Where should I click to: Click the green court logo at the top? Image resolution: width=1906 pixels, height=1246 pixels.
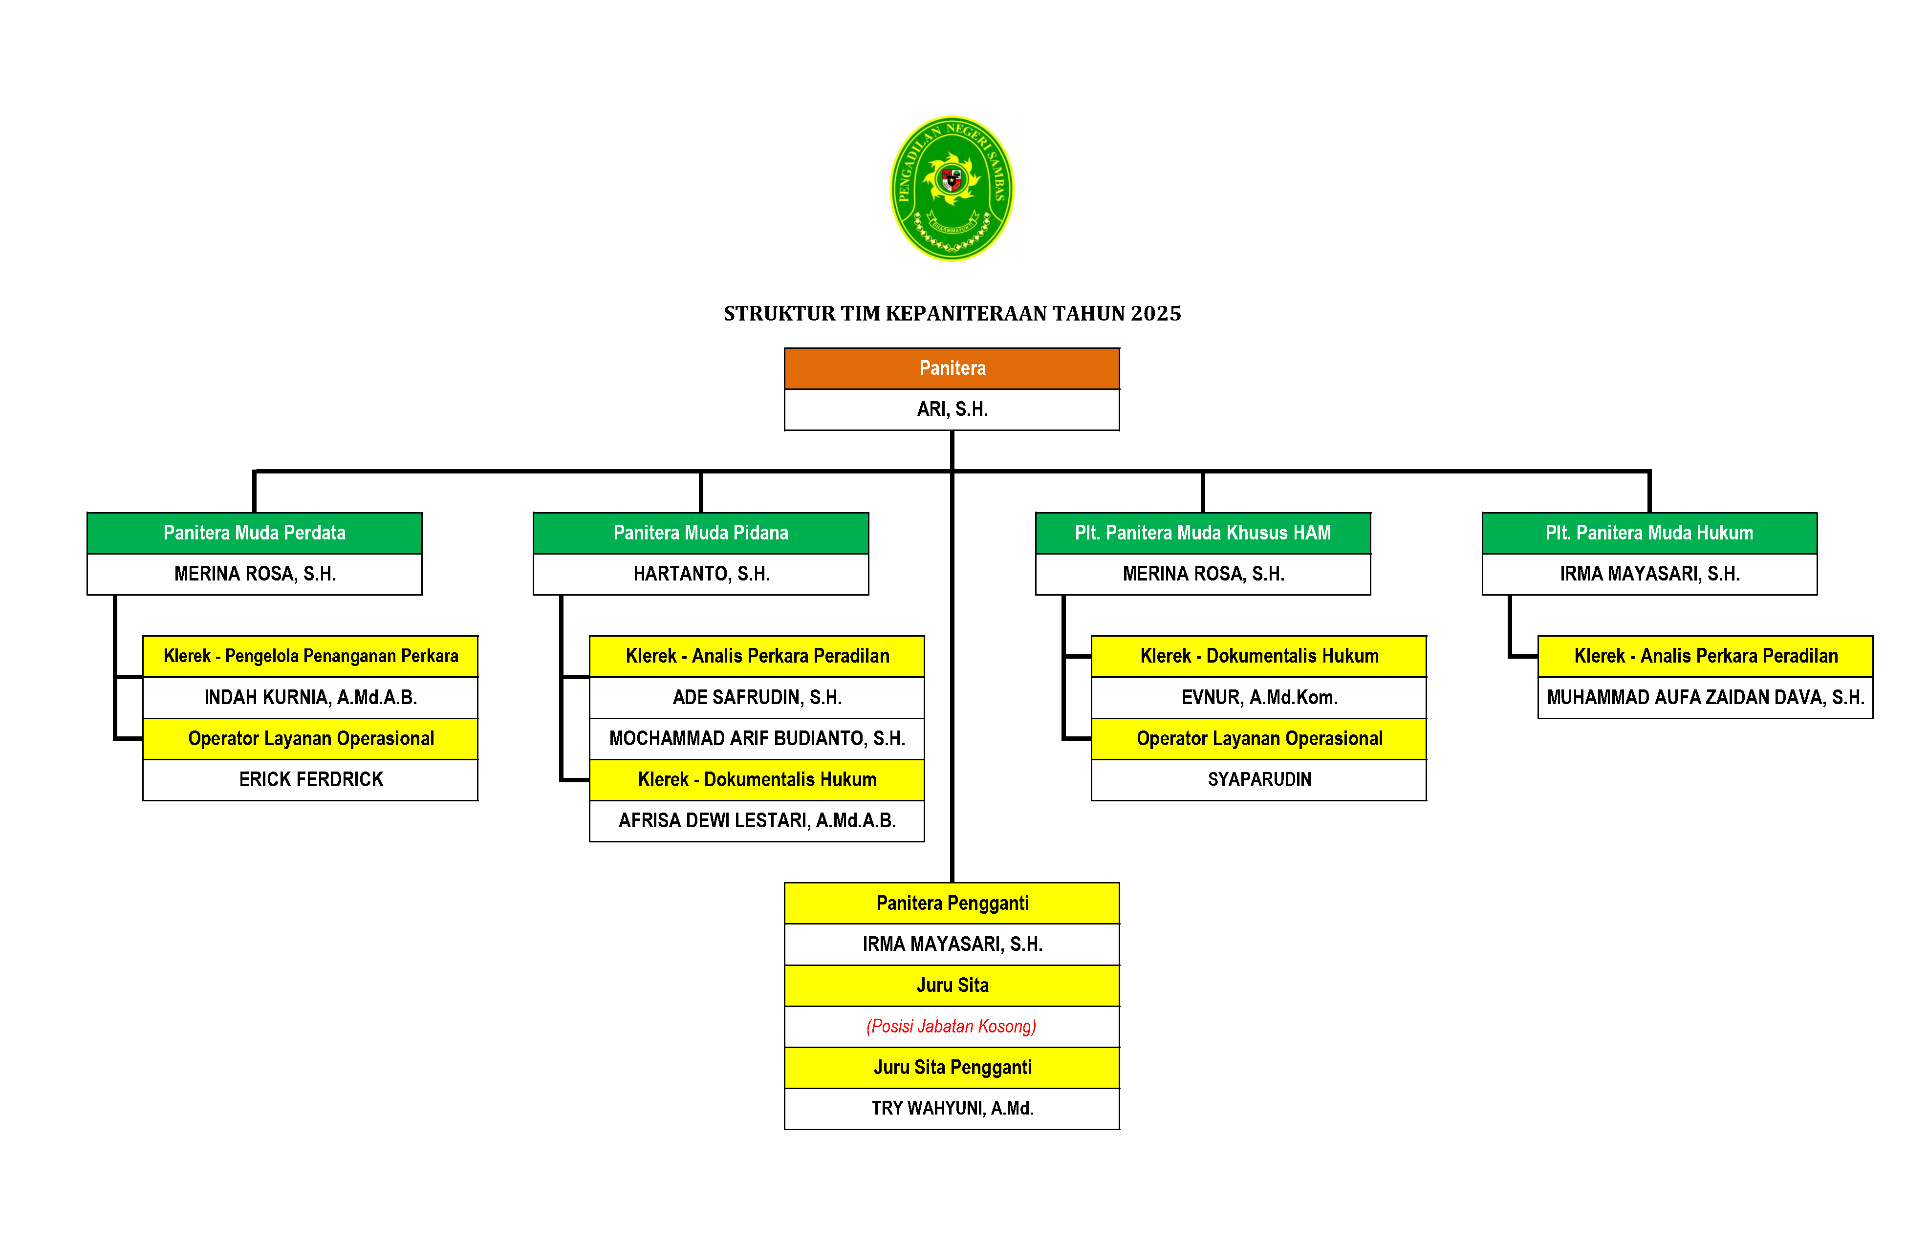click(952, 188)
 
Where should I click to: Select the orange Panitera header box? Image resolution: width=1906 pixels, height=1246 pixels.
click(952, 368)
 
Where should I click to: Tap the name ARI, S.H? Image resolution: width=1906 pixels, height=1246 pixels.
click(952, 409)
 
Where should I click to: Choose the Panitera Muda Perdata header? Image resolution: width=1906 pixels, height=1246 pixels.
click(255, 533)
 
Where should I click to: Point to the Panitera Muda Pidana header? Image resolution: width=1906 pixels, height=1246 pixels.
click(701, 533)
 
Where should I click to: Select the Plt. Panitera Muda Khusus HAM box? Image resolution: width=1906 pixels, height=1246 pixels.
click(1202, 533)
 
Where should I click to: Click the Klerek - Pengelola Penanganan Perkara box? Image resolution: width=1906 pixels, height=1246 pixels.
click(311, 656)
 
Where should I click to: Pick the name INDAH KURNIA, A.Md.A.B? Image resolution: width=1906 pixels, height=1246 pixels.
click(311, 697)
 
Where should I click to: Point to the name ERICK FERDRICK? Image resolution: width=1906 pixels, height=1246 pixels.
click(311, 779)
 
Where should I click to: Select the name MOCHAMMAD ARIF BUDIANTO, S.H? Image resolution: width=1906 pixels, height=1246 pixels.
click(757, 738)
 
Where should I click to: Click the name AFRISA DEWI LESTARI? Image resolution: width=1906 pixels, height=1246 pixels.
click(757, 820)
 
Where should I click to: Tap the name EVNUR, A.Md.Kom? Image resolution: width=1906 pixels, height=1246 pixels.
click(1259, 697)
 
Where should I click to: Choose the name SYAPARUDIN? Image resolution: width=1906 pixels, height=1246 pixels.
click(1259, 779)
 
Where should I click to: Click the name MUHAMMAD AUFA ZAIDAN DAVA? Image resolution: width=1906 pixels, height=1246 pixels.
click(1705, 697)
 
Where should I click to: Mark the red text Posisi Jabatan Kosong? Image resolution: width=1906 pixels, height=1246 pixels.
click(952, 1026)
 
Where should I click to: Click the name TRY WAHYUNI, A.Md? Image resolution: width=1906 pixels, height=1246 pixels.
click(952, 1108)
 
